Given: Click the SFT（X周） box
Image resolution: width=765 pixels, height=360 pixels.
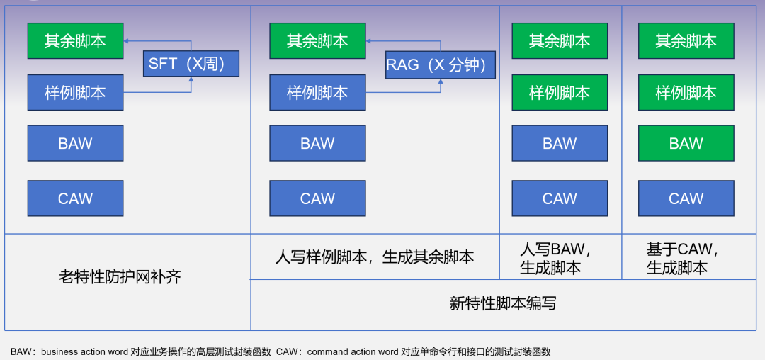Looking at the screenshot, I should coord(191,64).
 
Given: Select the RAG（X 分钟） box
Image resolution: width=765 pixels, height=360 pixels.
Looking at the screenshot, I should coord(440,65).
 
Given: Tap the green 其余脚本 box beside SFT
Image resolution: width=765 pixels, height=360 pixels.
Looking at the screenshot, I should coord(75,41).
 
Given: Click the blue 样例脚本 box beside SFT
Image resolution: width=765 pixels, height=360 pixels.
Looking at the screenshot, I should coord(75,93).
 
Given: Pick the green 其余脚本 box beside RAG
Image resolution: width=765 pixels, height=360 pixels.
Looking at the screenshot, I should coord(317,41).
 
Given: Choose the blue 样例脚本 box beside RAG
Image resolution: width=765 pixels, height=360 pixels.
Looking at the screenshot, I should coord(317,93).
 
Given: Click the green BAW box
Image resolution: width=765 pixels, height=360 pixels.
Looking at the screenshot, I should coord(686,144).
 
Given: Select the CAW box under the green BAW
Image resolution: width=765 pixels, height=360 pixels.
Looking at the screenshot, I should coord(686,198).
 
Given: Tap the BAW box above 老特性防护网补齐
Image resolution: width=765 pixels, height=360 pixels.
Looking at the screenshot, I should coord(75,144).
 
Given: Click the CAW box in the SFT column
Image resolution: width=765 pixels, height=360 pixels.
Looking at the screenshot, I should coord(75,198).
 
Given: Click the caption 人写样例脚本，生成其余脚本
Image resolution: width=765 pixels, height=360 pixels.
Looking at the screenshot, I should coord(375,257).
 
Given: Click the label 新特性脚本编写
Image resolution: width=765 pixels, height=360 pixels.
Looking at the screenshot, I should coord(503,303).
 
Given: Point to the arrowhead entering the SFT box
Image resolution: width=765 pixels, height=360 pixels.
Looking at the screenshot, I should coord(191,79).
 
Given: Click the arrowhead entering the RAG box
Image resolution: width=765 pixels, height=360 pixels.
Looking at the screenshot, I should coord(440,81).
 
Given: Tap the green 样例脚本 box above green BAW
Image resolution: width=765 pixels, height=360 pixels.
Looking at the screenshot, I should coord(686,93).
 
